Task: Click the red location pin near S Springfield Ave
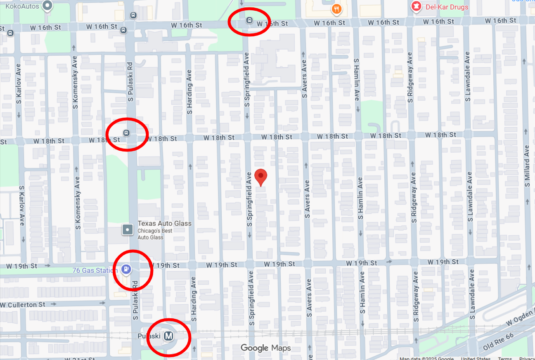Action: click(x=260, y=177)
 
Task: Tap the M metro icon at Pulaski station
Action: click(x=168, y=336)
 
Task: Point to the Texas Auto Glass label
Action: click(x=164, y=223)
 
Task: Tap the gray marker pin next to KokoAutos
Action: click(x=48, y=6)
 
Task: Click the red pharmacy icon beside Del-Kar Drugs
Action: click(x=416, y=7)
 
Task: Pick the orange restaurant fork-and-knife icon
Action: click(x=337, y=9)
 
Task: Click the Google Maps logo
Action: click(x=266, y=348)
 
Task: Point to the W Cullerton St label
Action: click(x=23, y=305)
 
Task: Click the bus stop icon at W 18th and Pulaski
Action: click(x=126, y=133)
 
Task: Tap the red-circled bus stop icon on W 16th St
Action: click(x=249, y=20)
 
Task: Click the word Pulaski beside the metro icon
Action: click(x=149, y=336)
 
